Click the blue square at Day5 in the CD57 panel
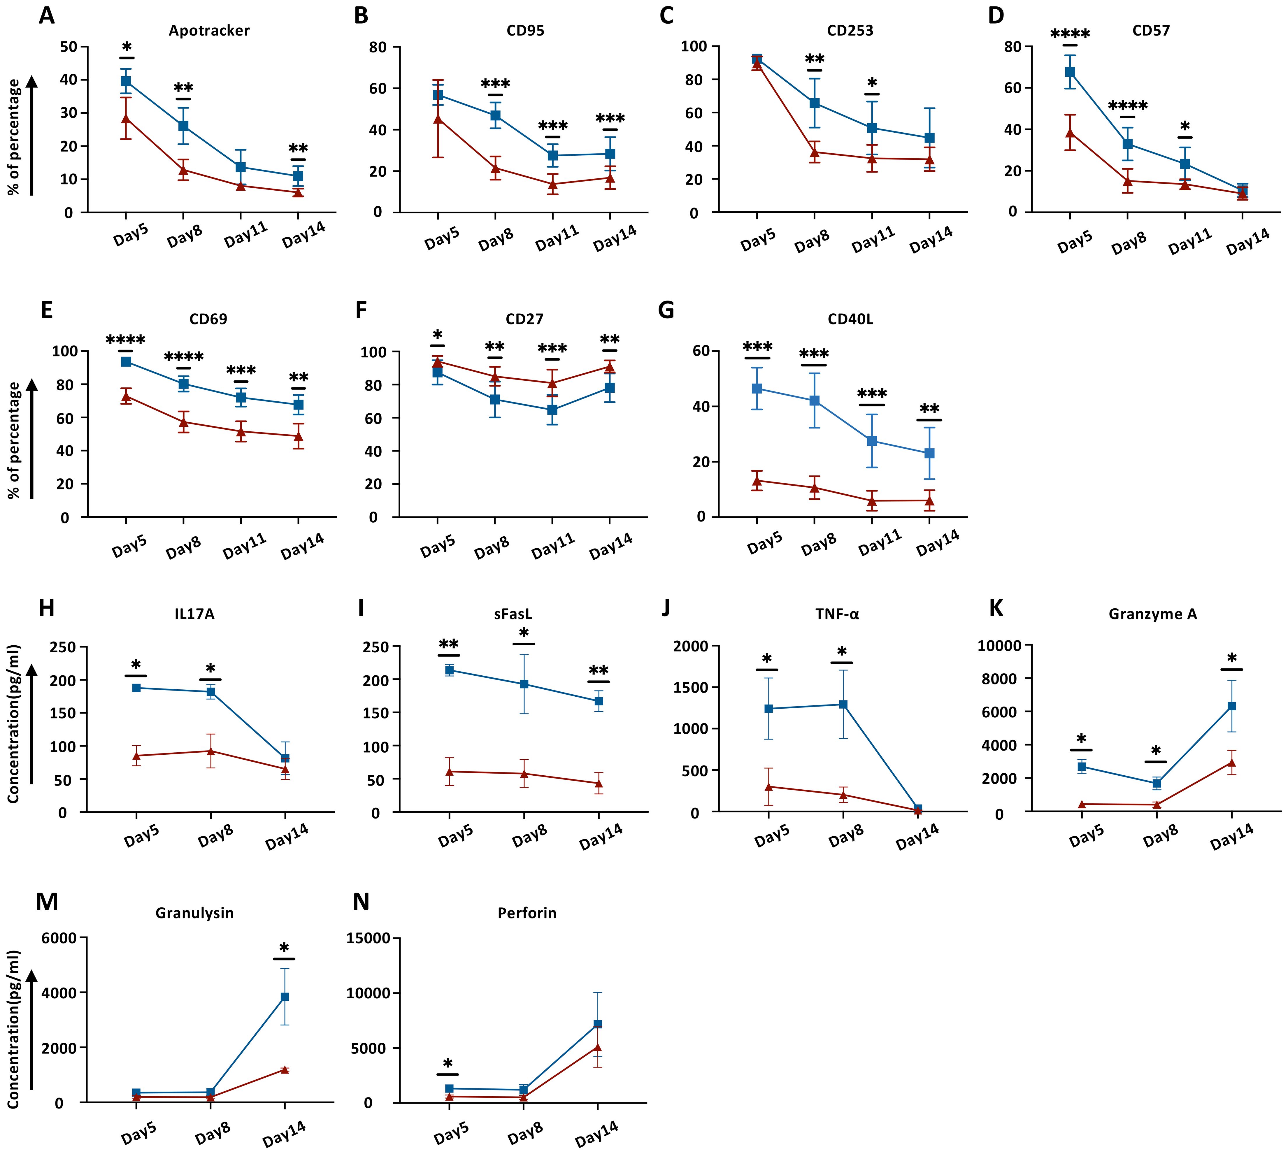coord(1070,72)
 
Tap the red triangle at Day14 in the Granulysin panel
coord(285,1070)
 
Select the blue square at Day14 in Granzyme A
coord(1231,706)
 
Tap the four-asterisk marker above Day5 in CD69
coord(126,340)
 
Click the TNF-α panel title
coord(837,614)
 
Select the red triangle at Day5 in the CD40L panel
coord(757,481)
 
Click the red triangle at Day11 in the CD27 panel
coord(552,383)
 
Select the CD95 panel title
coord(525,30)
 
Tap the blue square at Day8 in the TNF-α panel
coord(843,705)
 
